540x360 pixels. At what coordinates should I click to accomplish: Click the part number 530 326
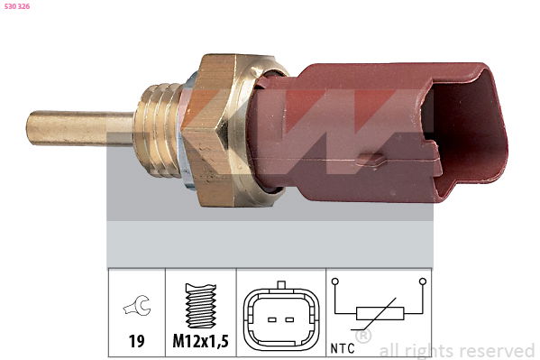tap(17, 6)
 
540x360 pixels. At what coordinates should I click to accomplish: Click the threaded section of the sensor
tap(157, 130)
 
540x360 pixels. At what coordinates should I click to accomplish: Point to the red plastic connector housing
tap(379, 133)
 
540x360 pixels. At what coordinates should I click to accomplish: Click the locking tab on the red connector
tap(371, 159)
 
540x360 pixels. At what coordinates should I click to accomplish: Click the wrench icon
tap(137, 305)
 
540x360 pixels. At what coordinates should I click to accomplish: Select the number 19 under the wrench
tap(137, 341)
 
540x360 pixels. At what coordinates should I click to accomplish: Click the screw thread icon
tap(201, 306)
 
